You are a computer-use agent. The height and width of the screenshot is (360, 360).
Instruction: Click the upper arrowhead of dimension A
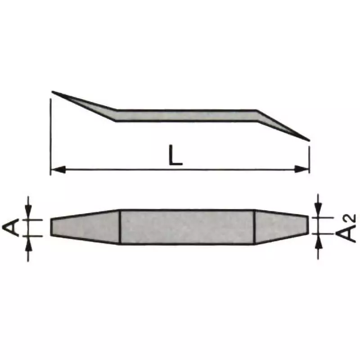pos(28,213)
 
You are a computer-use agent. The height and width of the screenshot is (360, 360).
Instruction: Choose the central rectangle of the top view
pos(187,227)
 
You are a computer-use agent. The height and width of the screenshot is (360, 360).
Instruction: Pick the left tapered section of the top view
pos(85,227)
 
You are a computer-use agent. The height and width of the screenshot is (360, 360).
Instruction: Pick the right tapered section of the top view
pos(281,227)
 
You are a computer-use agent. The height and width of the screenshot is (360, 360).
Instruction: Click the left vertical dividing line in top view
pos(120,227)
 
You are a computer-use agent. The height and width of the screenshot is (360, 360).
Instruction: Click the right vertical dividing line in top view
pos(255,227)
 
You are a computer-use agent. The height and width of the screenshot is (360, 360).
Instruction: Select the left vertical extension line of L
pos(50,135)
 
